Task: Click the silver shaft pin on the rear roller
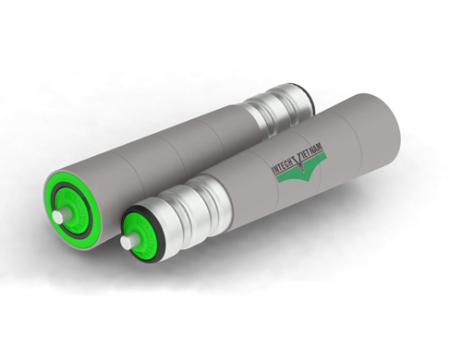58,216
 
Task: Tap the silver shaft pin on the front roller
127,242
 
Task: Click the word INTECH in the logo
283,165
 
